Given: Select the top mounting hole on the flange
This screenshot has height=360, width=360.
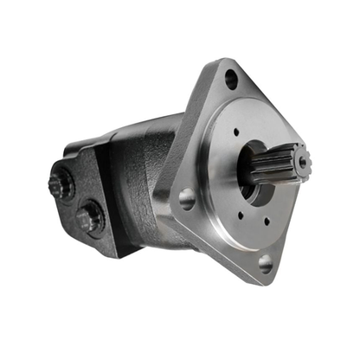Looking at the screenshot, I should tap(231, 80).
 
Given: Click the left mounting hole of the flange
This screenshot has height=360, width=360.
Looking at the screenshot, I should tap(186, 200).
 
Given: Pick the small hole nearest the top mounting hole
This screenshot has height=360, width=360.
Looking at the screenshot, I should tap(235, 132).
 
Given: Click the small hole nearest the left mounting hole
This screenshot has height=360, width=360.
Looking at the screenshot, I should tap(214, 195).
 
